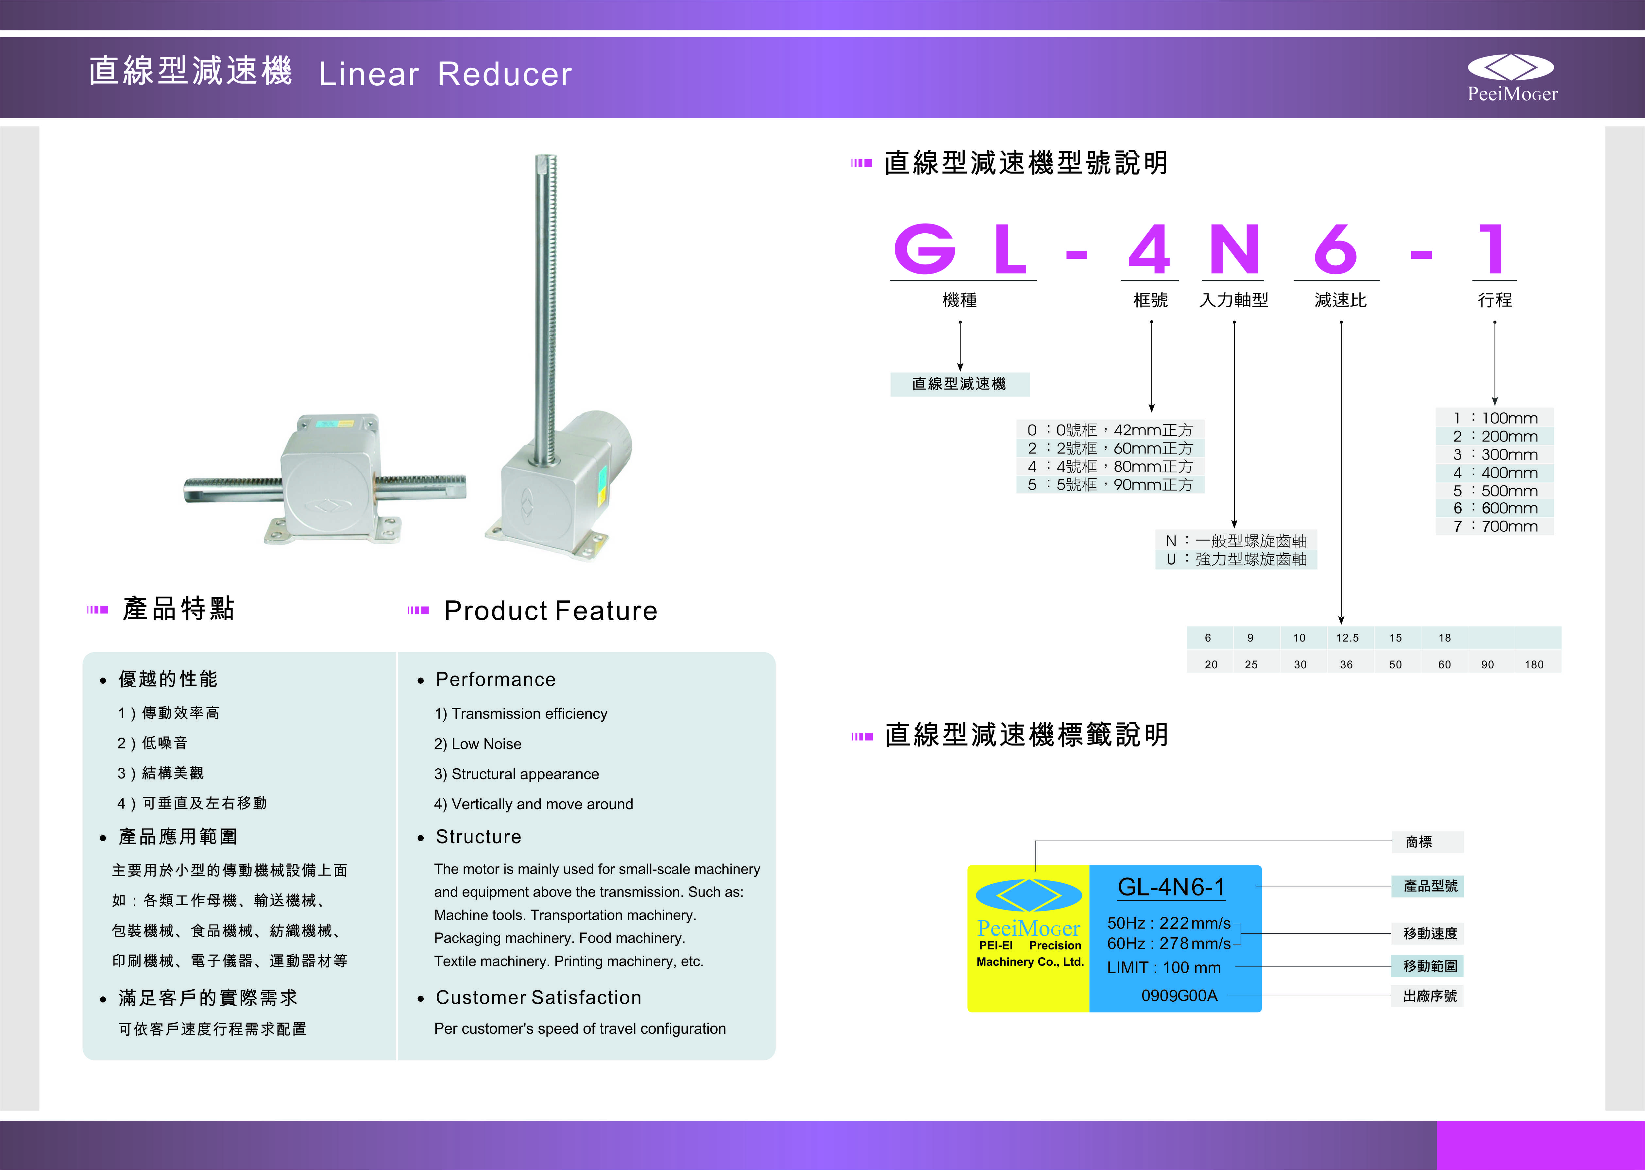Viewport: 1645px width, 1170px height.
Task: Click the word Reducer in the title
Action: [504, 74]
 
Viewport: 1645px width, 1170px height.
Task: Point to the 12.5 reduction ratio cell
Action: [1347, 638]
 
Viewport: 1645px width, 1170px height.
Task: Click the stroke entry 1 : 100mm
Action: [1495, 418]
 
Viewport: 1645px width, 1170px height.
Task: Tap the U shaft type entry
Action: [1236, 559]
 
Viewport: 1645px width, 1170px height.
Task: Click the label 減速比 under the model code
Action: [1340, 300]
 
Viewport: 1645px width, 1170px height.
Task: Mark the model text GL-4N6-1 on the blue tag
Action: [1171, 887]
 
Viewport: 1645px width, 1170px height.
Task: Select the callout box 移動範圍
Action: [1430, 966]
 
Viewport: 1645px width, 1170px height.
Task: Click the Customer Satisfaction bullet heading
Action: [538, 998]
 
